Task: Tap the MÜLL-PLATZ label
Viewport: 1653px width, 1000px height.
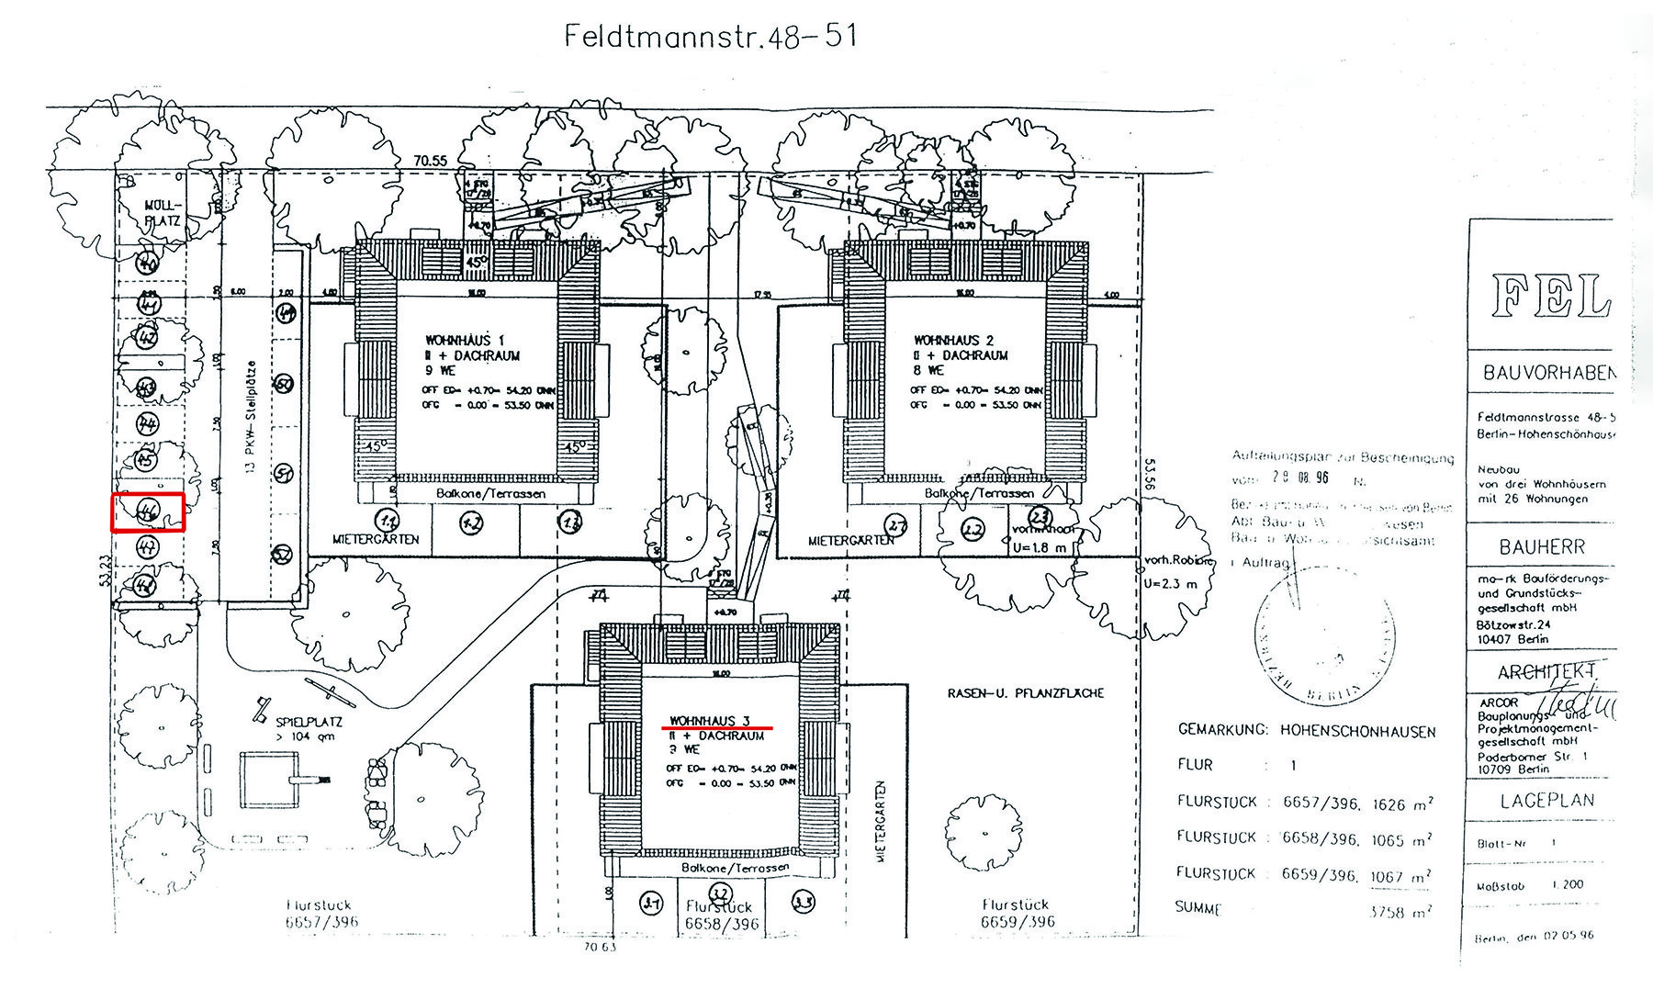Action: pos(164,213)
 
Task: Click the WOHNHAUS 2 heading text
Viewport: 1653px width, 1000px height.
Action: pos(954,340)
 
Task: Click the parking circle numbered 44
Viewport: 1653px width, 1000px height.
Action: pos(147,423)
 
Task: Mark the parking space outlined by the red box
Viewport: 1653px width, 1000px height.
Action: pos(148,512)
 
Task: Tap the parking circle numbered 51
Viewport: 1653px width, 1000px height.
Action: pos(285,474)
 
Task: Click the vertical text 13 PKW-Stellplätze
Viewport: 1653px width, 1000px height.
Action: pos(249,427)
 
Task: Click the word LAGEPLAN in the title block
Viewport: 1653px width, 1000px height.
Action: pos(1546,801)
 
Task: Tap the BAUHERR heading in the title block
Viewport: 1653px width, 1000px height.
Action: pos(1542,547)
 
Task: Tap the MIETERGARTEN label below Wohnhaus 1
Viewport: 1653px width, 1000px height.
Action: pos(375,539)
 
